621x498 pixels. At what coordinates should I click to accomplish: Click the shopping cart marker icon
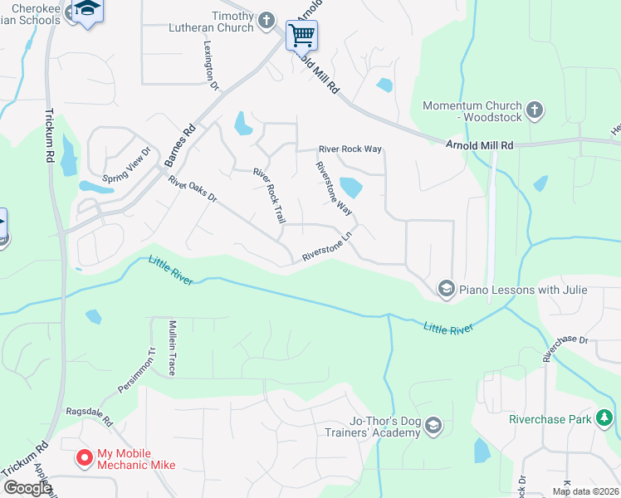301,36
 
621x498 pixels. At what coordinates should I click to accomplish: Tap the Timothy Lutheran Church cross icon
266,19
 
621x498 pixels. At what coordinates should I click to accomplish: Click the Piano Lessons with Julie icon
446,289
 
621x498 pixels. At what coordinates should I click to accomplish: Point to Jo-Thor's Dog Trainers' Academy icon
433,427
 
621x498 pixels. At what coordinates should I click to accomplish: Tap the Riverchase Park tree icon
606,418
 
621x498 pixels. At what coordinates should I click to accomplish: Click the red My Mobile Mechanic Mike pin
84,457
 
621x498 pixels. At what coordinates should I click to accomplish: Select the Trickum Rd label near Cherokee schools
49,135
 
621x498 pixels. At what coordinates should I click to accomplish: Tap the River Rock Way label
350,149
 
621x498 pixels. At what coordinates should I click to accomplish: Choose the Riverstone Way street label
334,188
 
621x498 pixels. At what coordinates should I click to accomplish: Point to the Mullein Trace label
172,348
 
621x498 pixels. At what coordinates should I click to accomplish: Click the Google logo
27,488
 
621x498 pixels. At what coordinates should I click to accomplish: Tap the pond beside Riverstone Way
351,188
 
